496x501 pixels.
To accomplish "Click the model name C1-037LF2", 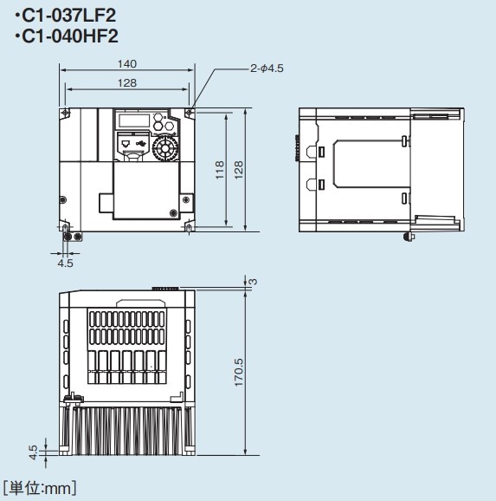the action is pyautogui.click(x=68, y=16).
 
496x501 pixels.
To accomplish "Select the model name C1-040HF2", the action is pyautogui.click(x=69, y=36).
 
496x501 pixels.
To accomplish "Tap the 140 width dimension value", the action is pyautogui.click(x=127, y=64).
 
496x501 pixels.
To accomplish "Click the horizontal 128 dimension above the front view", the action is pyautogui.click(x=127, y=83).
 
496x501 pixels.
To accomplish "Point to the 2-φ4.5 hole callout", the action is pyautogui.click(x=267, y=68).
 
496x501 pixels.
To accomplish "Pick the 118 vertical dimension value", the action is pyautogui.click(x=220, y=170).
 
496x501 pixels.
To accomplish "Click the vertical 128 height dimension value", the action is pyautogui.click(x=238, y=170).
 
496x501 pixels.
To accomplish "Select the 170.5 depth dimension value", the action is pyautogui.click(x=238, y=373).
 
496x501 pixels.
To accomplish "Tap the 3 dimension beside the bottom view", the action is pyautogui.click(x=253, y=282).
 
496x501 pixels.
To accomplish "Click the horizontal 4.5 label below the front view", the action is pyautogui.click(x=65, y=264).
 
